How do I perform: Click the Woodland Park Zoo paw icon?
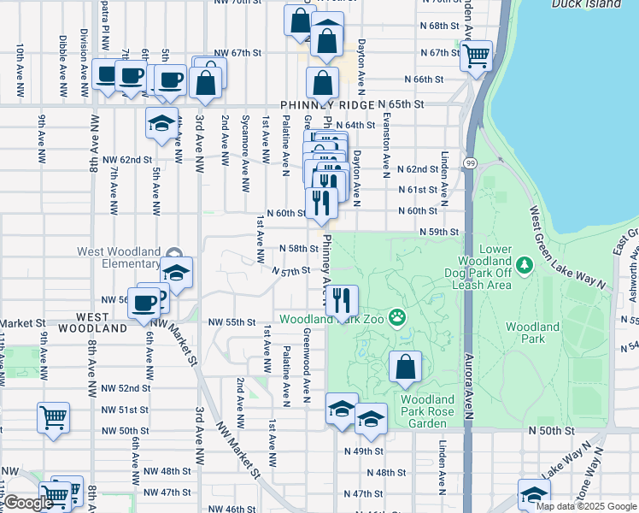[397, 319]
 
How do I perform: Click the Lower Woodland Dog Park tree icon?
[524, 265]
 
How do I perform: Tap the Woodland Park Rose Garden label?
[427, 410]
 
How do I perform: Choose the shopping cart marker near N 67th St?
[476, 56]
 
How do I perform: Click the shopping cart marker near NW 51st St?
[53, 418]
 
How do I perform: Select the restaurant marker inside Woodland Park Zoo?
[342, 299]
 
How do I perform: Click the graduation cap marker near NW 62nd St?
[161, 122]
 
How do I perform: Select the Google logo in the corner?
[27, 504]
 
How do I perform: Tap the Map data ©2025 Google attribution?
[587, 506]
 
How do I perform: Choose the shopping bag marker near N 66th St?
[321, 84]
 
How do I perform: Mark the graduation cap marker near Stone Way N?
[534, 494]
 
